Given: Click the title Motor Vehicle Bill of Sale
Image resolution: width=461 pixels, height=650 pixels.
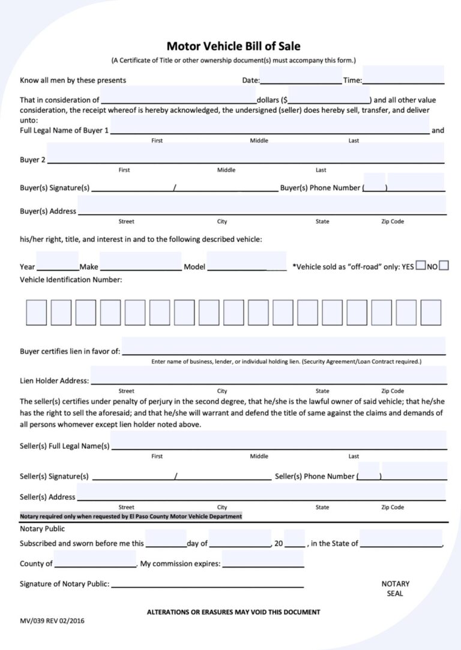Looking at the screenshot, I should coord(233,46).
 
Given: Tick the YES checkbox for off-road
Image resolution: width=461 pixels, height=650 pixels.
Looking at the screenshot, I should coord(420,265).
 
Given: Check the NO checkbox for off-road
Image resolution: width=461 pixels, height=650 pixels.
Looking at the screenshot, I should coord(444,265).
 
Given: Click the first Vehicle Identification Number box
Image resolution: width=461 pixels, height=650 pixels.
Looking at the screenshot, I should coord(36,312).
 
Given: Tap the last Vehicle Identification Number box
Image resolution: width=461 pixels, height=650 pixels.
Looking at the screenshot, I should coord(430,312).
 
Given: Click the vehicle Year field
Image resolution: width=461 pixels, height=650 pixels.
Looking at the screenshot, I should coord(57,265).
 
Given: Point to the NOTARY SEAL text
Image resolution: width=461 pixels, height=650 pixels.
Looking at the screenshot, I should coord(395,588).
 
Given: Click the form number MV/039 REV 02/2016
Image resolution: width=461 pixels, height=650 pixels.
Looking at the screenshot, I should coord(52,621).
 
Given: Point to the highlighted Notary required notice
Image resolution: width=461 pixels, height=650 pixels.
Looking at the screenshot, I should coord(131,516).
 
